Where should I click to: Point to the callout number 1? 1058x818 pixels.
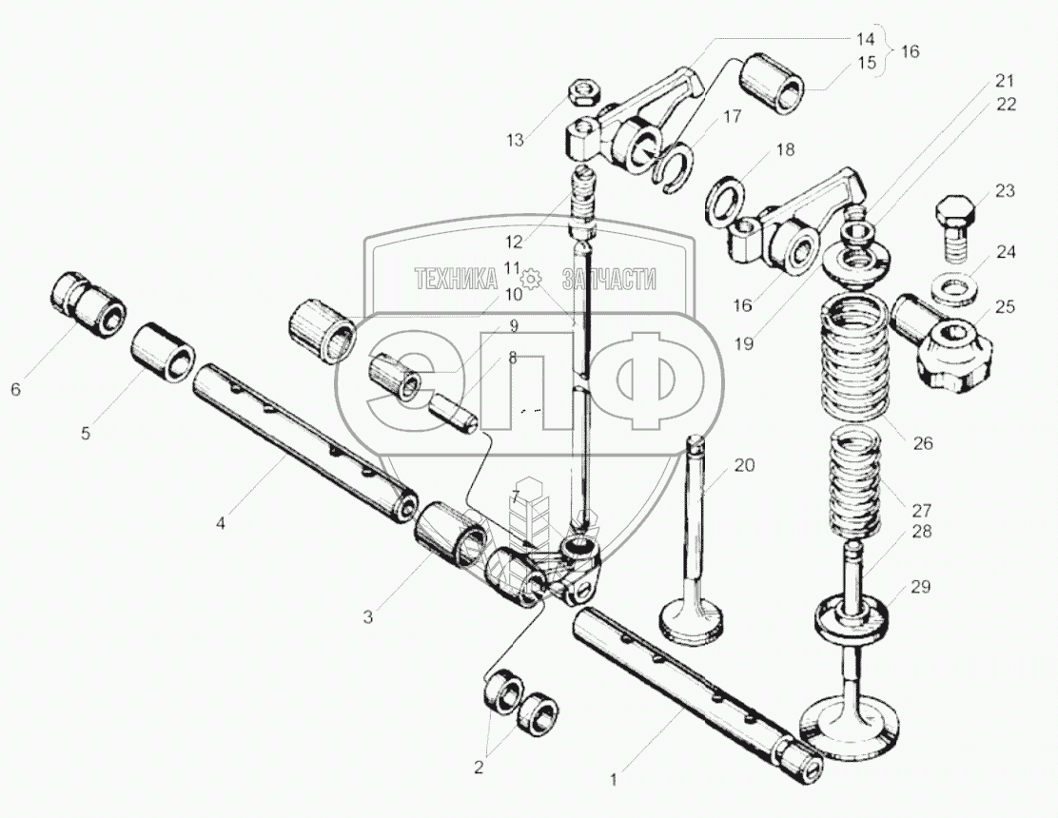(614, 780)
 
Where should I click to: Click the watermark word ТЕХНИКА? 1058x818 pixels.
(457, 278)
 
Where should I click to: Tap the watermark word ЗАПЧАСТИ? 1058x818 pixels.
(610, 278)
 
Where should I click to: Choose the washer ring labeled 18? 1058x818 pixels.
(727, 199)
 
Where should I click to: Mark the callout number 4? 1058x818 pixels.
(220, 522)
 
